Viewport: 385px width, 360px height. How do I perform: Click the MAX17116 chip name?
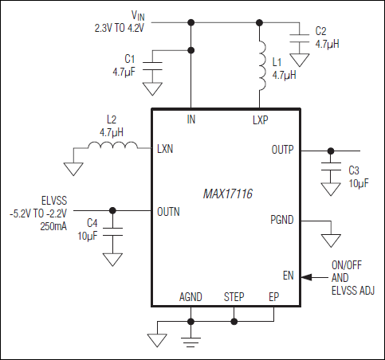coord(226,194)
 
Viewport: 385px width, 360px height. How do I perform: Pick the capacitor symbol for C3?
coord(328,171)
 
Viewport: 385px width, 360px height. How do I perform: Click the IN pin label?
coord(191,119)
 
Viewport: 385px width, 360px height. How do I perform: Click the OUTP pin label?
coord(283,149)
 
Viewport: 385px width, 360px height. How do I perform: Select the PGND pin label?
coord(282,219)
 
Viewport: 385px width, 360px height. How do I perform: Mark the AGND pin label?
coord(191,296)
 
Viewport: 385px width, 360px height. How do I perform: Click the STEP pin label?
coord(234,296)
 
